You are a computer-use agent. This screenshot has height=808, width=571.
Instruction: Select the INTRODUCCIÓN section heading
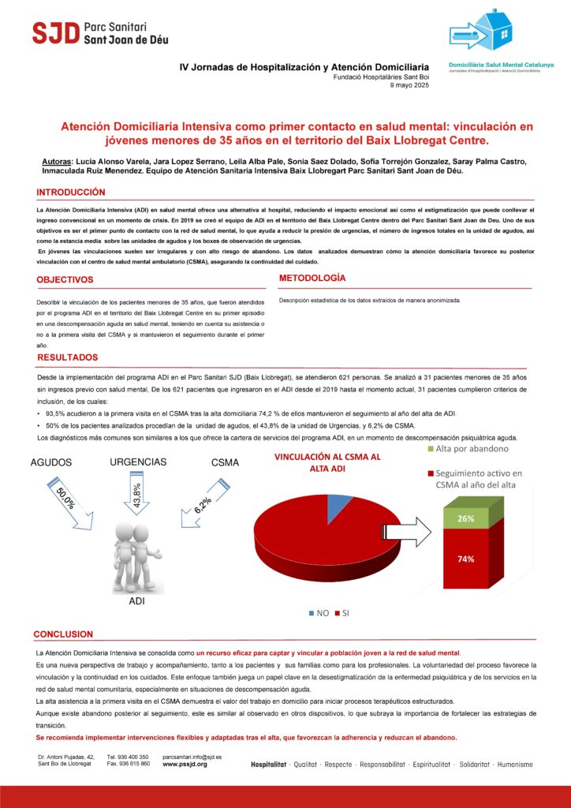(70, 193)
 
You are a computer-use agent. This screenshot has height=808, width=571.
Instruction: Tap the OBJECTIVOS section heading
(65, 279)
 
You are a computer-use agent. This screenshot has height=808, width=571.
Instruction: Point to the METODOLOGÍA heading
(312, 279)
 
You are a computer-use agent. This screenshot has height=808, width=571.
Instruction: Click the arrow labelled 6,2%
(202, 502)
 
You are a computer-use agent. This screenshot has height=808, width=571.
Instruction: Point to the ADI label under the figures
(136, 601)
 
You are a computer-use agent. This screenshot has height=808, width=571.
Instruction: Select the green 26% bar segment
(465, 518)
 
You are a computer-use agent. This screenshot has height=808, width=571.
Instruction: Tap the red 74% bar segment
(465, 558)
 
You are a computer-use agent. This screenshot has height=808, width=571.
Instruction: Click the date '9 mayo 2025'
(410, 85)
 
